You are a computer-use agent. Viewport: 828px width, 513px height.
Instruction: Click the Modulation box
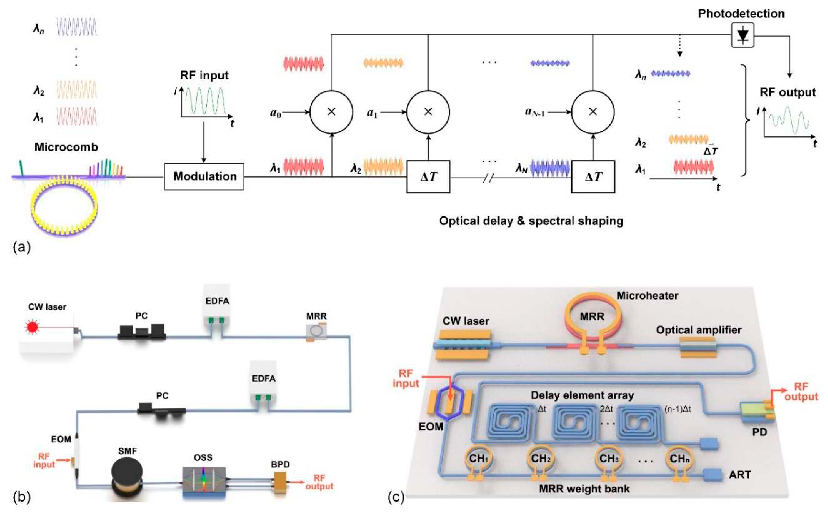click(x=204, y=176)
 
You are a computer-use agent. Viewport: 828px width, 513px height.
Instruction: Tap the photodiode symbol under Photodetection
click(x=742, y=35)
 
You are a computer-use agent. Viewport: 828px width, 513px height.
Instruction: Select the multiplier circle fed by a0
click(x=331, y=112)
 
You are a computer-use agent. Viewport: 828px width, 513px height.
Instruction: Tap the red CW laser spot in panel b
click(x=32, y=327)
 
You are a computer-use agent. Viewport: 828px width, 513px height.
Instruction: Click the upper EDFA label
click(x=217, y=301)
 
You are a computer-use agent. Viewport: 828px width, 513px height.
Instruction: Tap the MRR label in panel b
click(x=316, y=316)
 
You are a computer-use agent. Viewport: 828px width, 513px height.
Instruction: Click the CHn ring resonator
click(x=679, y=459)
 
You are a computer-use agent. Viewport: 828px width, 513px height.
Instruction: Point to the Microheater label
click(x=647, y=296)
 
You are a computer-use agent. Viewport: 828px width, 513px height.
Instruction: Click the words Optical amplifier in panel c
click(x=698, y=330)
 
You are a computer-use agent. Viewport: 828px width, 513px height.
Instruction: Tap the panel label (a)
click(x=22, y=247)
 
